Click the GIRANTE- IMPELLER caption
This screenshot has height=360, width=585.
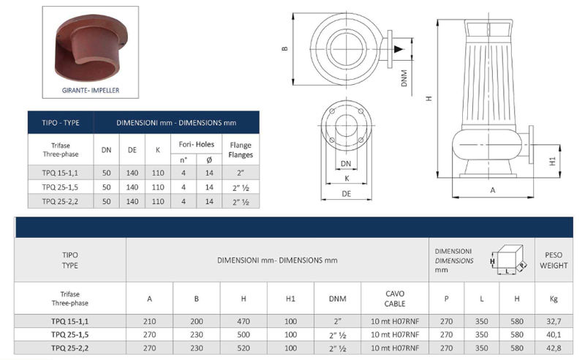click(x=91, y=91)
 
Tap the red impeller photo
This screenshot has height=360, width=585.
click(x=91, y=48)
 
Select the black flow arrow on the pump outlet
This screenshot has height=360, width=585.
click(x=399, y=49)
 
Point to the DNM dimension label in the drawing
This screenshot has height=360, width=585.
click(x=404, y=78)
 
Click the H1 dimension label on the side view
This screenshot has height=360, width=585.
click(x=553, y=161)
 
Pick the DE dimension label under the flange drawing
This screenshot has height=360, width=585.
click(x=346, y=193)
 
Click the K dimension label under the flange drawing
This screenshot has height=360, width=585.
click(x=347, y=179)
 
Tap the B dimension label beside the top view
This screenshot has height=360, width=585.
click(x=285, y=48)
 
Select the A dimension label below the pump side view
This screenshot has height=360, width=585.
click(x=492, y=190)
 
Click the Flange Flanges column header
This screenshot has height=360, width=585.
click(x=241, y=150)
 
